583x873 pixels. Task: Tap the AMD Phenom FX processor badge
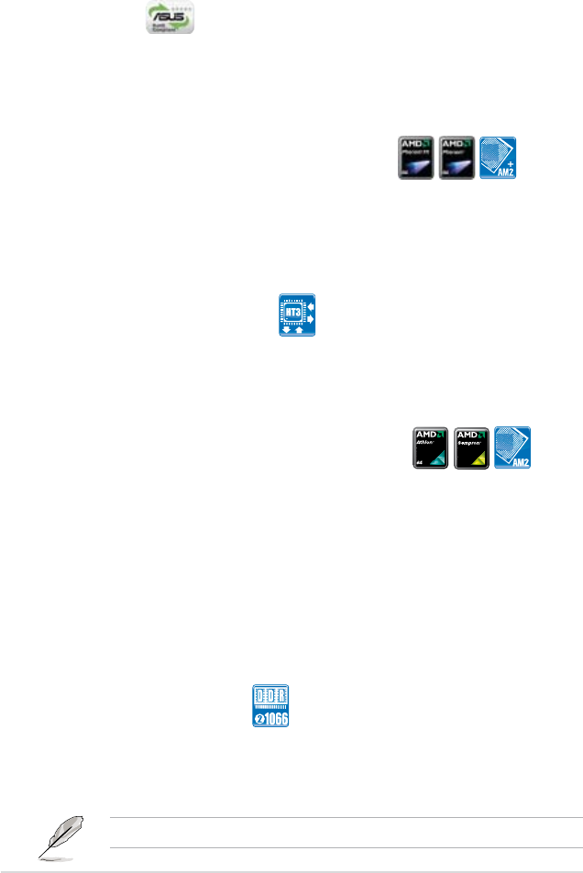pyautogui.click(x=415, y=159)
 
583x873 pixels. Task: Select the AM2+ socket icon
pyautogui.click(x=499, y=159)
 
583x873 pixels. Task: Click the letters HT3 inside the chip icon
pyautogui.click(x=293, y=314)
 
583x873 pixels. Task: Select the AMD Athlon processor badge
pyautogui.click(x=429, y=449)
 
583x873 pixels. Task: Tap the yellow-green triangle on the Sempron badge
pyautogui.click(x=482, y=460)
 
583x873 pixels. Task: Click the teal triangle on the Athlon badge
pyautogui.click(x=440, y=460)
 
